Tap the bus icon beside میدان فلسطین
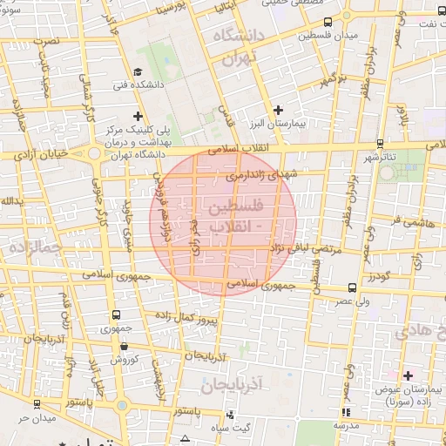pos(327,23)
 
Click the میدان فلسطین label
pos(327,36)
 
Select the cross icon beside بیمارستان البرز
pos(278,110)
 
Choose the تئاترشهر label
pos(380,157)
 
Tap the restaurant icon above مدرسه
pos(347,412)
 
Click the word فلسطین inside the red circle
pos(236,208)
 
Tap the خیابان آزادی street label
pos(42,155)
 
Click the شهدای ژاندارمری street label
pos(260,175)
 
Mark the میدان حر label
pos(37,417)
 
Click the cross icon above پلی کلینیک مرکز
pos(137,115)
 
